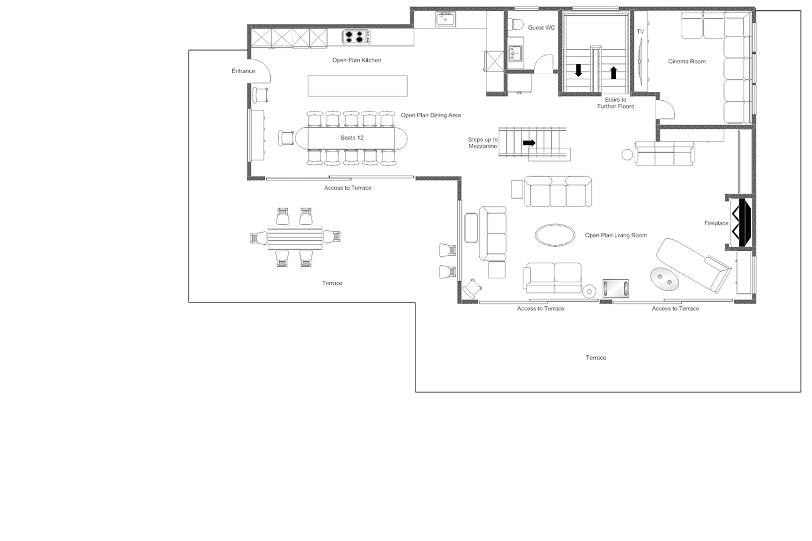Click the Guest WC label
click(x=541, y=28)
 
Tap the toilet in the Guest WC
click(x=517, y=24)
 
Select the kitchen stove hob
click(x=356, y=37)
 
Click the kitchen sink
click(x=445, y=19)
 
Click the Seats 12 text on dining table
click(x=352, y=138)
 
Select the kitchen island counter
click(x=357, y=86)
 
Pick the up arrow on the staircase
click(x=613, y=73)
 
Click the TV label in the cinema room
click(x=640, y=32)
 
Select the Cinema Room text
click(x=686, y=61)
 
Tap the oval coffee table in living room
click(x=555, y=235)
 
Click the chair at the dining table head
click(x=286, y=138)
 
